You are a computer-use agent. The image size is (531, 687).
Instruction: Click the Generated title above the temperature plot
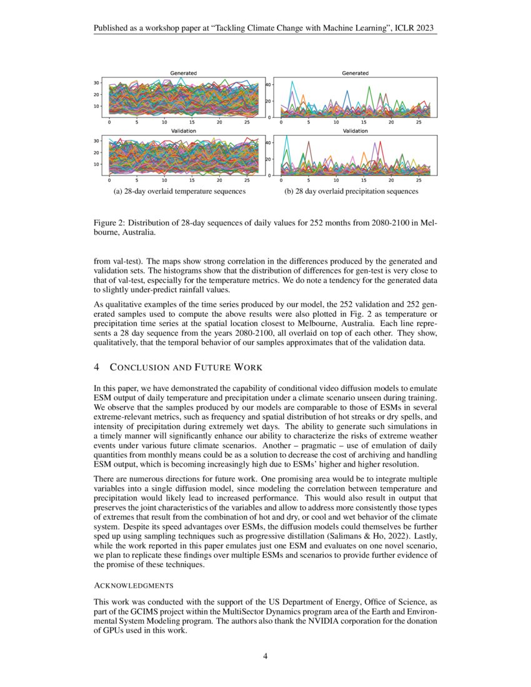184,73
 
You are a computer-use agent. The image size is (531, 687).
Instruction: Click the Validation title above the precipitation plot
355,131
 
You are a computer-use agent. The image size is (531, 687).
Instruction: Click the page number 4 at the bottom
265,656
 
